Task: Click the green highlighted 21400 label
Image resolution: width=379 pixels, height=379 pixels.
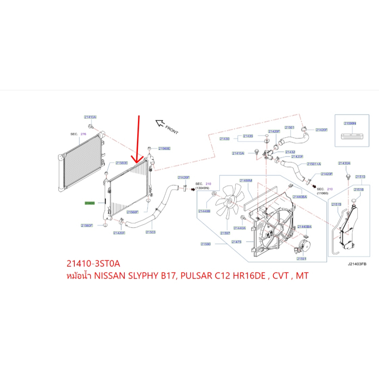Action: click(x=90, y=203)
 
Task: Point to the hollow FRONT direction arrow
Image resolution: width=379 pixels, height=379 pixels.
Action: click(x=160, y=123)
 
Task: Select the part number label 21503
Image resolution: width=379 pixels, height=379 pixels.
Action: click(x=150, y=232)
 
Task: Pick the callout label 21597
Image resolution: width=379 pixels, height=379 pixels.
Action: click(x=225, y=233)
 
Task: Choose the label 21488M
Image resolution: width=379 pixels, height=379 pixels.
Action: click(x=245, y=181)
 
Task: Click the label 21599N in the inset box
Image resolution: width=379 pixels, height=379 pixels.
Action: click(x=349, y=123)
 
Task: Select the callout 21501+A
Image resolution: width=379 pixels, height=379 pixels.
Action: click(x=314, y=164)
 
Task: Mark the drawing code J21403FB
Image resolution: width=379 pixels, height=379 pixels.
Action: click(x=357, y=265)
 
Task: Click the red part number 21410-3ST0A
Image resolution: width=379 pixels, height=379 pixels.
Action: click(x=93, y=264)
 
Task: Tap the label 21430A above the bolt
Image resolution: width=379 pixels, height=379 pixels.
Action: click(x=344, y=163)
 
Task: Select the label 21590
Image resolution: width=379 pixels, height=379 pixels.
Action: click(x=206, y=244)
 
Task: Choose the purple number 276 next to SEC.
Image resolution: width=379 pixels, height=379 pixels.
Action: click(x=83, y=134)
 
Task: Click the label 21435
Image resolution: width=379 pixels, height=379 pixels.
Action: click(x=248, y=136)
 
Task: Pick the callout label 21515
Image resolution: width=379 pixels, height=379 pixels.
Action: click(x=336, y=204)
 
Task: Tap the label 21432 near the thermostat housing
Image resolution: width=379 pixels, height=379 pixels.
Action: click(x=290, y=152)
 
